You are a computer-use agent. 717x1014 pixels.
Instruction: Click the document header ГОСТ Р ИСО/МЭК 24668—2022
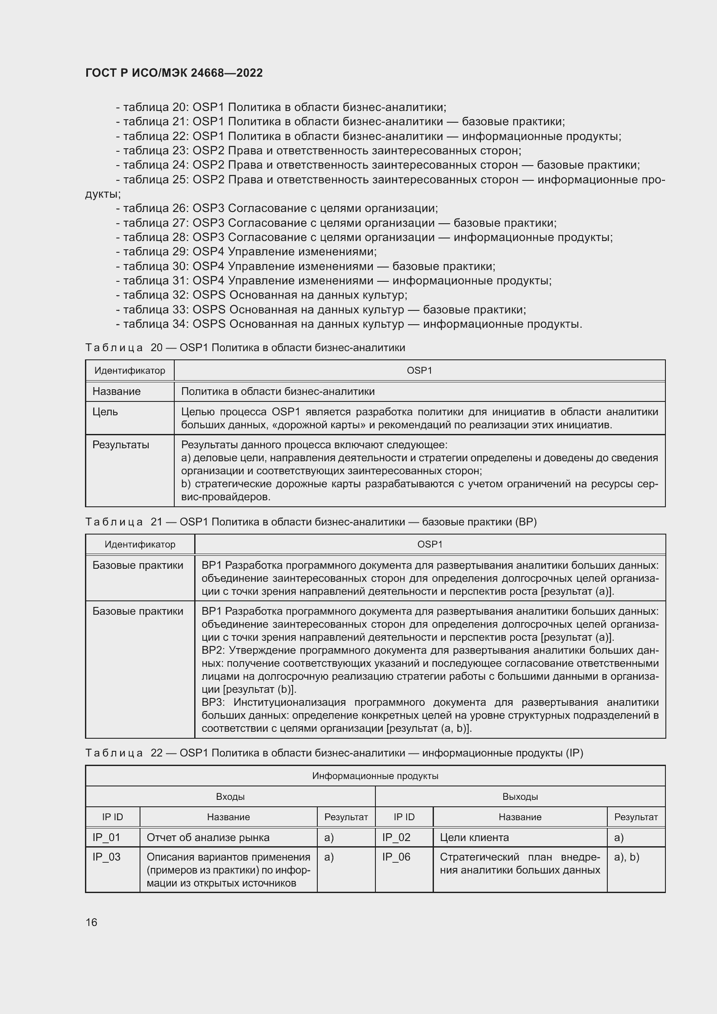pos(174,73)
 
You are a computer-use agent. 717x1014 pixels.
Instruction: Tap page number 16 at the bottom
pos(91,922)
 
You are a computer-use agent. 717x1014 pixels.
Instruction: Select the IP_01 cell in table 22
pos(106,838)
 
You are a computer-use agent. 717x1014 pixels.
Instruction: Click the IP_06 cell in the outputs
pos(397,857)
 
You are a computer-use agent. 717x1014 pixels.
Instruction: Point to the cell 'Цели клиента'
pos(474,838)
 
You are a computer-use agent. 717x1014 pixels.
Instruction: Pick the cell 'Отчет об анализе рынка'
pos(208,838)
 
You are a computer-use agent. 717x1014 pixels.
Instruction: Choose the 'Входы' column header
pos(230,797)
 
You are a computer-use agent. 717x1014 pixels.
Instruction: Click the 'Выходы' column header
pos(520,797)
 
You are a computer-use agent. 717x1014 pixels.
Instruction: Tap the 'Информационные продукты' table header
pos(375,776)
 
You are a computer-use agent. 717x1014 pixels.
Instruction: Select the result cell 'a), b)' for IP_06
pos(626,857)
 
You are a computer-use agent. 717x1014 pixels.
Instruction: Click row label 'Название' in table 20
pos(117,391)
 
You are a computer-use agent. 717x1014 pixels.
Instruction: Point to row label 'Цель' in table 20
pos(105,411)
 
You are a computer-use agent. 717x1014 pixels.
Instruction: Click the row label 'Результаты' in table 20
pos(121,445)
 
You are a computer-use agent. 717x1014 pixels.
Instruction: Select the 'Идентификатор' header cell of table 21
pos(140,544)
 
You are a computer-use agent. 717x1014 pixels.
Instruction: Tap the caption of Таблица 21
pos(311,522)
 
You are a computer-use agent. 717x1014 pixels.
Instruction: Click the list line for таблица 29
pos(246,252)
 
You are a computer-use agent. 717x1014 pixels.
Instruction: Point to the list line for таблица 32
pos(261,295)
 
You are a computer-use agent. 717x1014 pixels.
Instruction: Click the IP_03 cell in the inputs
pos(106,857)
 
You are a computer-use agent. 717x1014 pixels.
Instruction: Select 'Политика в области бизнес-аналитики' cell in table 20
pos(278,391)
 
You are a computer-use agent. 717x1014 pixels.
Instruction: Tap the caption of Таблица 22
pos(334,753)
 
